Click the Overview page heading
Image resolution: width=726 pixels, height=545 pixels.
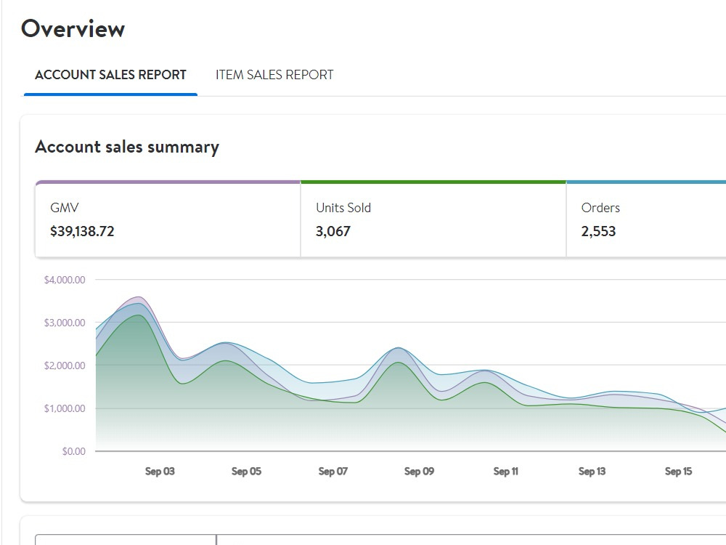tap(73, 29)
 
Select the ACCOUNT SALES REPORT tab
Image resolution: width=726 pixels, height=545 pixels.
tap(110, 75)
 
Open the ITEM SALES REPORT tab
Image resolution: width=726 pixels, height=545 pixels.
tap(274, 75)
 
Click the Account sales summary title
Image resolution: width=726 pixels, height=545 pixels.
tap(127, 147)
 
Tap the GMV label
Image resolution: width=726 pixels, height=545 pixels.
tap(65, 208)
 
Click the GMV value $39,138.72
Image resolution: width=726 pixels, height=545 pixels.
tap(82, 231)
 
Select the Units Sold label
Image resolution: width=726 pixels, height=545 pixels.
tap(343, 208)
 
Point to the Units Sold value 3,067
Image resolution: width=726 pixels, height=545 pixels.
tap(333, 231)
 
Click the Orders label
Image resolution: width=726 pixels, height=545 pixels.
tap(600, 208)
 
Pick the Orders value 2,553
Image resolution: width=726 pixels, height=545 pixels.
tap(598, 231)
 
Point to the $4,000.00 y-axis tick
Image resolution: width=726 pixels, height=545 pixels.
tap(65, 280)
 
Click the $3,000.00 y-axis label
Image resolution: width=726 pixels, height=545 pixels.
tap(65, 323)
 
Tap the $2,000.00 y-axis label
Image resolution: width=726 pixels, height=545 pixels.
tap(65, 366)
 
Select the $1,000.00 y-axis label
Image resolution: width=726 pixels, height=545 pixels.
tap(65, 408)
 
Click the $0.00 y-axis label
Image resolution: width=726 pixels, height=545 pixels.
tap(74, 451)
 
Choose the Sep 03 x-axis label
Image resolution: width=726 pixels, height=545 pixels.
tap(160, 472)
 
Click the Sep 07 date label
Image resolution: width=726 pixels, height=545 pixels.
tap(333, 472)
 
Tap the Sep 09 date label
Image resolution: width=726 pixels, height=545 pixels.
tap(419, 472)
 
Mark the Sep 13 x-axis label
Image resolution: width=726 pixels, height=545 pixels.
tap(592, 472)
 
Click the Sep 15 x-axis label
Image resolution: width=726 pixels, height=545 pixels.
tap(678, 472)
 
